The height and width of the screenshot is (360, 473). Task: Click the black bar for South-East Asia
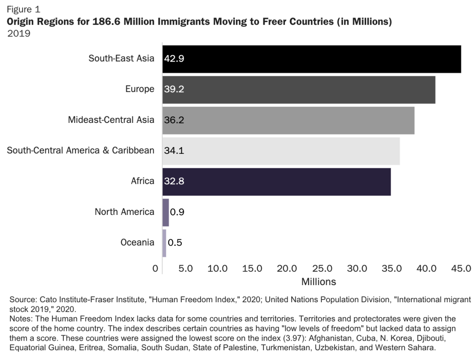point(311,59)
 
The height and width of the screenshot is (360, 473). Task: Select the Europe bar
point(299,89)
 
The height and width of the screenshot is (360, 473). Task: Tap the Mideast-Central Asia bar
point(288,120)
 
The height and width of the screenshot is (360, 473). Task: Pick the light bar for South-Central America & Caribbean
point(281,151)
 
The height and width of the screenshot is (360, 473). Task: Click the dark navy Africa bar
point(276,181)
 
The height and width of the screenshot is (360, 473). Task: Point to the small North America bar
point(166,212)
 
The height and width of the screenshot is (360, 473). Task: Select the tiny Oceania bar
point(164,243)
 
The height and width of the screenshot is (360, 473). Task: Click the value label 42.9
point(174,59)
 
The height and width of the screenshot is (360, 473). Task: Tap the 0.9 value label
point(177,212)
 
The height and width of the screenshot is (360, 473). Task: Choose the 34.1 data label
point(174,151)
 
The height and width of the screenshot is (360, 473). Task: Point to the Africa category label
point(142,181)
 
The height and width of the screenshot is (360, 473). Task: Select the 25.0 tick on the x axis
point(322,268)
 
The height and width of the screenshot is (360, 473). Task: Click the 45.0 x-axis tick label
point(461,268)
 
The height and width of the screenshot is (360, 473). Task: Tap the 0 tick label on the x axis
point(155,268)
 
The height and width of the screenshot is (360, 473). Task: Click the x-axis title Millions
point(319,281)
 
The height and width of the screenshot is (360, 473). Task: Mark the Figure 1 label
point(23,9)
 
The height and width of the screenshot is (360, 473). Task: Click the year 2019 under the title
point(18,33)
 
